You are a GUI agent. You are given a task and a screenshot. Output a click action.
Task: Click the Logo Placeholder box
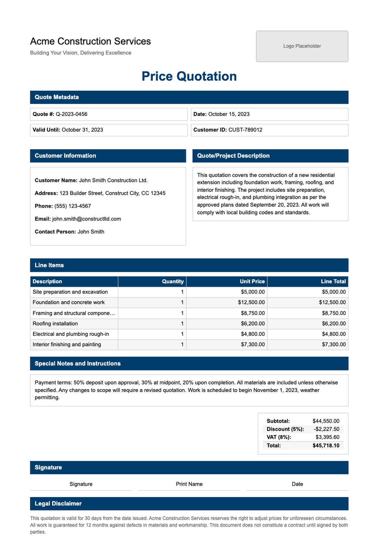pos(302,46)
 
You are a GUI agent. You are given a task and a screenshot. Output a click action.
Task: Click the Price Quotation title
pos(189,76)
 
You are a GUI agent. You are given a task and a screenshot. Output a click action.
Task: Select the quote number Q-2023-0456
pos(71,114)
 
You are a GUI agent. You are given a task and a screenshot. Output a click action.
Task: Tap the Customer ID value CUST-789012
pos(245,130)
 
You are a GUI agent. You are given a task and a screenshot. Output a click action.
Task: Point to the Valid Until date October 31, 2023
pos(82,130)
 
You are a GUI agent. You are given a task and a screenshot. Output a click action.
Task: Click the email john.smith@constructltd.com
pos(86,219)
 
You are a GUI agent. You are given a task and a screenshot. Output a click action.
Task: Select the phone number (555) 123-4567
pos(72,206)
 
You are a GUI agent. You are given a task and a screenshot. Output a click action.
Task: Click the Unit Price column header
pos(252,281)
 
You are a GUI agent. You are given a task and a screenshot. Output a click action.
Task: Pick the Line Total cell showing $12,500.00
pos(332,302)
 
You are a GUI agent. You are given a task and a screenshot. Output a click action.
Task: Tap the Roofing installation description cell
pos(55,323)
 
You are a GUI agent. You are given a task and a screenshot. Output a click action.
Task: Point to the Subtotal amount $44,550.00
pos(326,421)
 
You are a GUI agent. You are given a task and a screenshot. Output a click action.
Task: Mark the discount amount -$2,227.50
pos(326,429)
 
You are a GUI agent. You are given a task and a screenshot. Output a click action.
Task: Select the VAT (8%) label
pos(279,437)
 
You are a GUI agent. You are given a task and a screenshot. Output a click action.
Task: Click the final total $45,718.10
pos(326,446)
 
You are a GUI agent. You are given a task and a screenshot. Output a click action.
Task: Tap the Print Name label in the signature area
pos(189,484)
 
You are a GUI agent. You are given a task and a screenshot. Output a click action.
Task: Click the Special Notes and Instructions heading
pos(77,364)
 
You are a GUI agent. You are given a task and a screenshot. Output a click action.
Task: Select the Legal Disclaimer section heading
pos(58,503)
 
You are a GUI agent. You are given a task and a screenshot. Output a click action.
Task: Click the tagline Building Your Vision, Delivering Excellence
pos(81,53)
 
